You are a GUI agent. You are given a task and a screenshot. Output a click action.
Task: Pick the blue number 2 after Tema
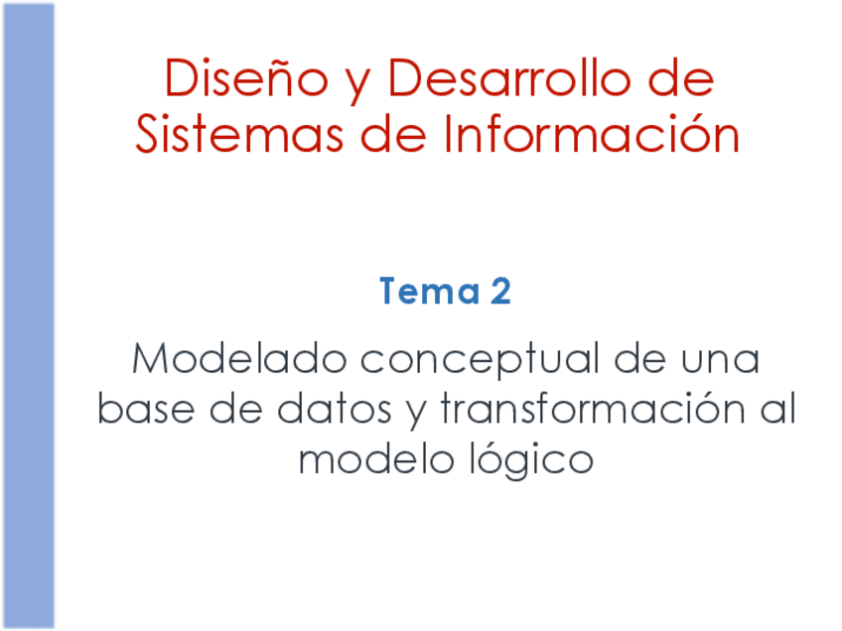point(499,293)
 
